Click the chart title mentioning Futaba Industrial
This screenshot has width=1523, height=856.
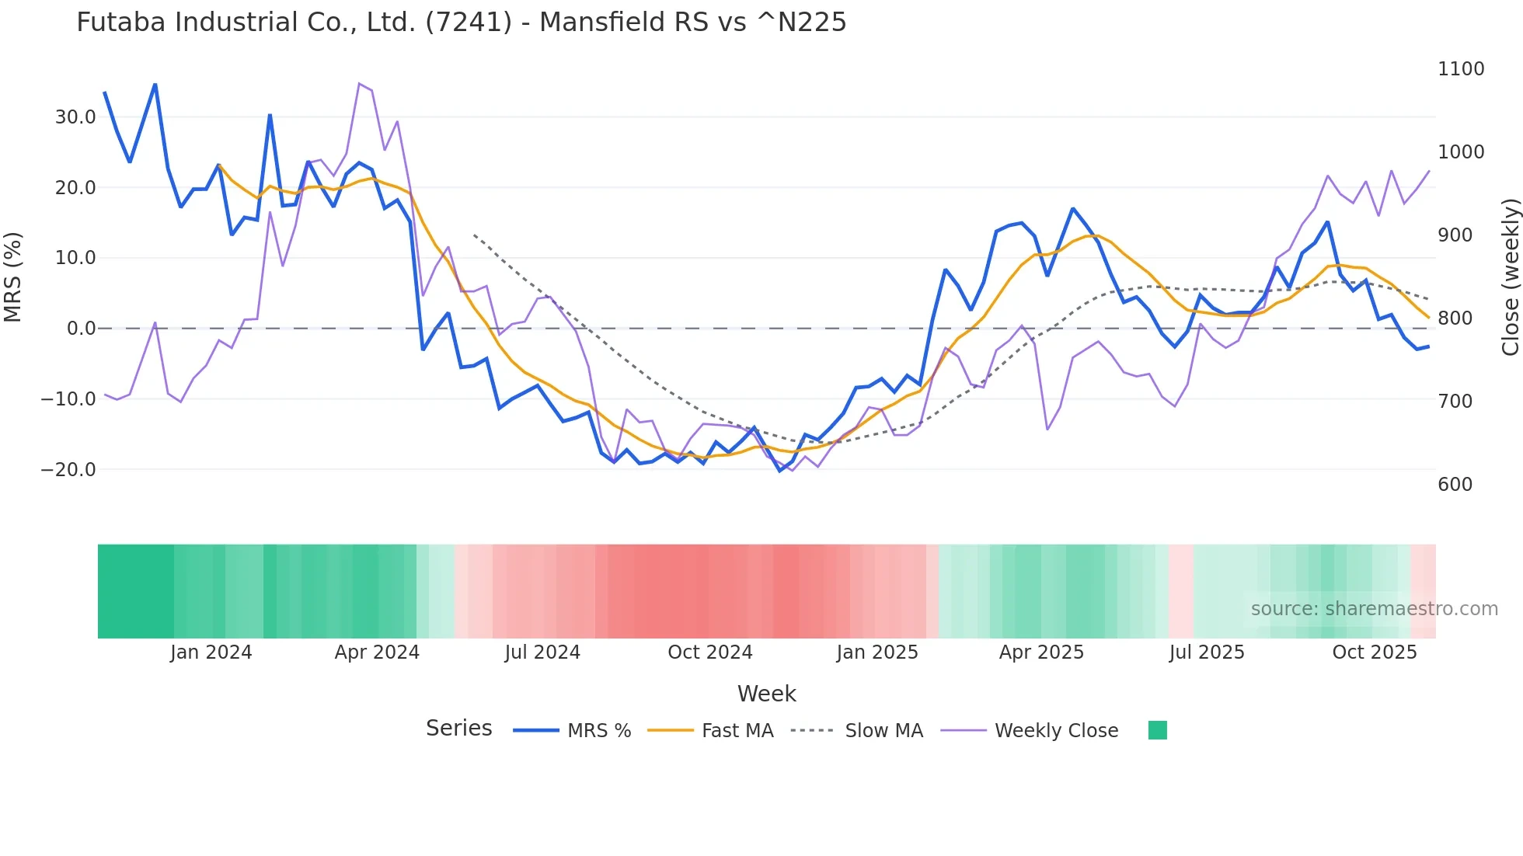(x=461, y=22)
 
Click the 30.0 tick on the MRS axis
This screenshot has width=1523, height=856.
(x=75, y=117)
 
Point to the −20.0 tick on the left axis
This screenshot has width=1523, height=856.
(x=68, y=469)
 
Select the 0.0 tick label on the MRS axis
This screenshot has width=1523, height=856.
(x=82, y=329)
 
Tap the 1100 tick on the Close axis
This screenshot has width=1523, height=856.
(x=1461, y=69)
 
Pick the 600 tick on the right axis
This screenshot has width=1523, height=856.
(x=1455, y=485)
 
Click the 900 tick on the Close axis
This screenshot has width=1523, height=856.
(x=1455, y=235)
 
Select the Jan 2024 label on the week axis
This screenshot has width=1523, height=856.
(x=211, y=652)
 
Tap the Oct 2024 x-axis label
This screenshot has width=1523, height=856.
(x=709, y=652)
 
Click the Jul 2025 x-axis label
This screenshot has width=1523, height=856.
(x=1206, y=652)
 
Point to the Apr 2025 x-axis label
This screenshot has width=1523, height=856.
(x=1040, y=652)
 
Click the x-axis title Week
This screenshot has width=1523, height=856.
(x=766, y=694)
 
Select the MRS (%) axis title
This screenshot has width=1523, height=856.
(x=13, y=277)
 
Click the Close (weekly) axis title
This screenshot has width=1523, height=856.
(x=1510, y=277)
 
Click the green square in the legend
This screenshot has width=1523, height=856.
(x=1157, y=730)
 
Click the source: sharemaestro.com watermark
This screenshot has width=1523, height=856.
(x=1374, y=609)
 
